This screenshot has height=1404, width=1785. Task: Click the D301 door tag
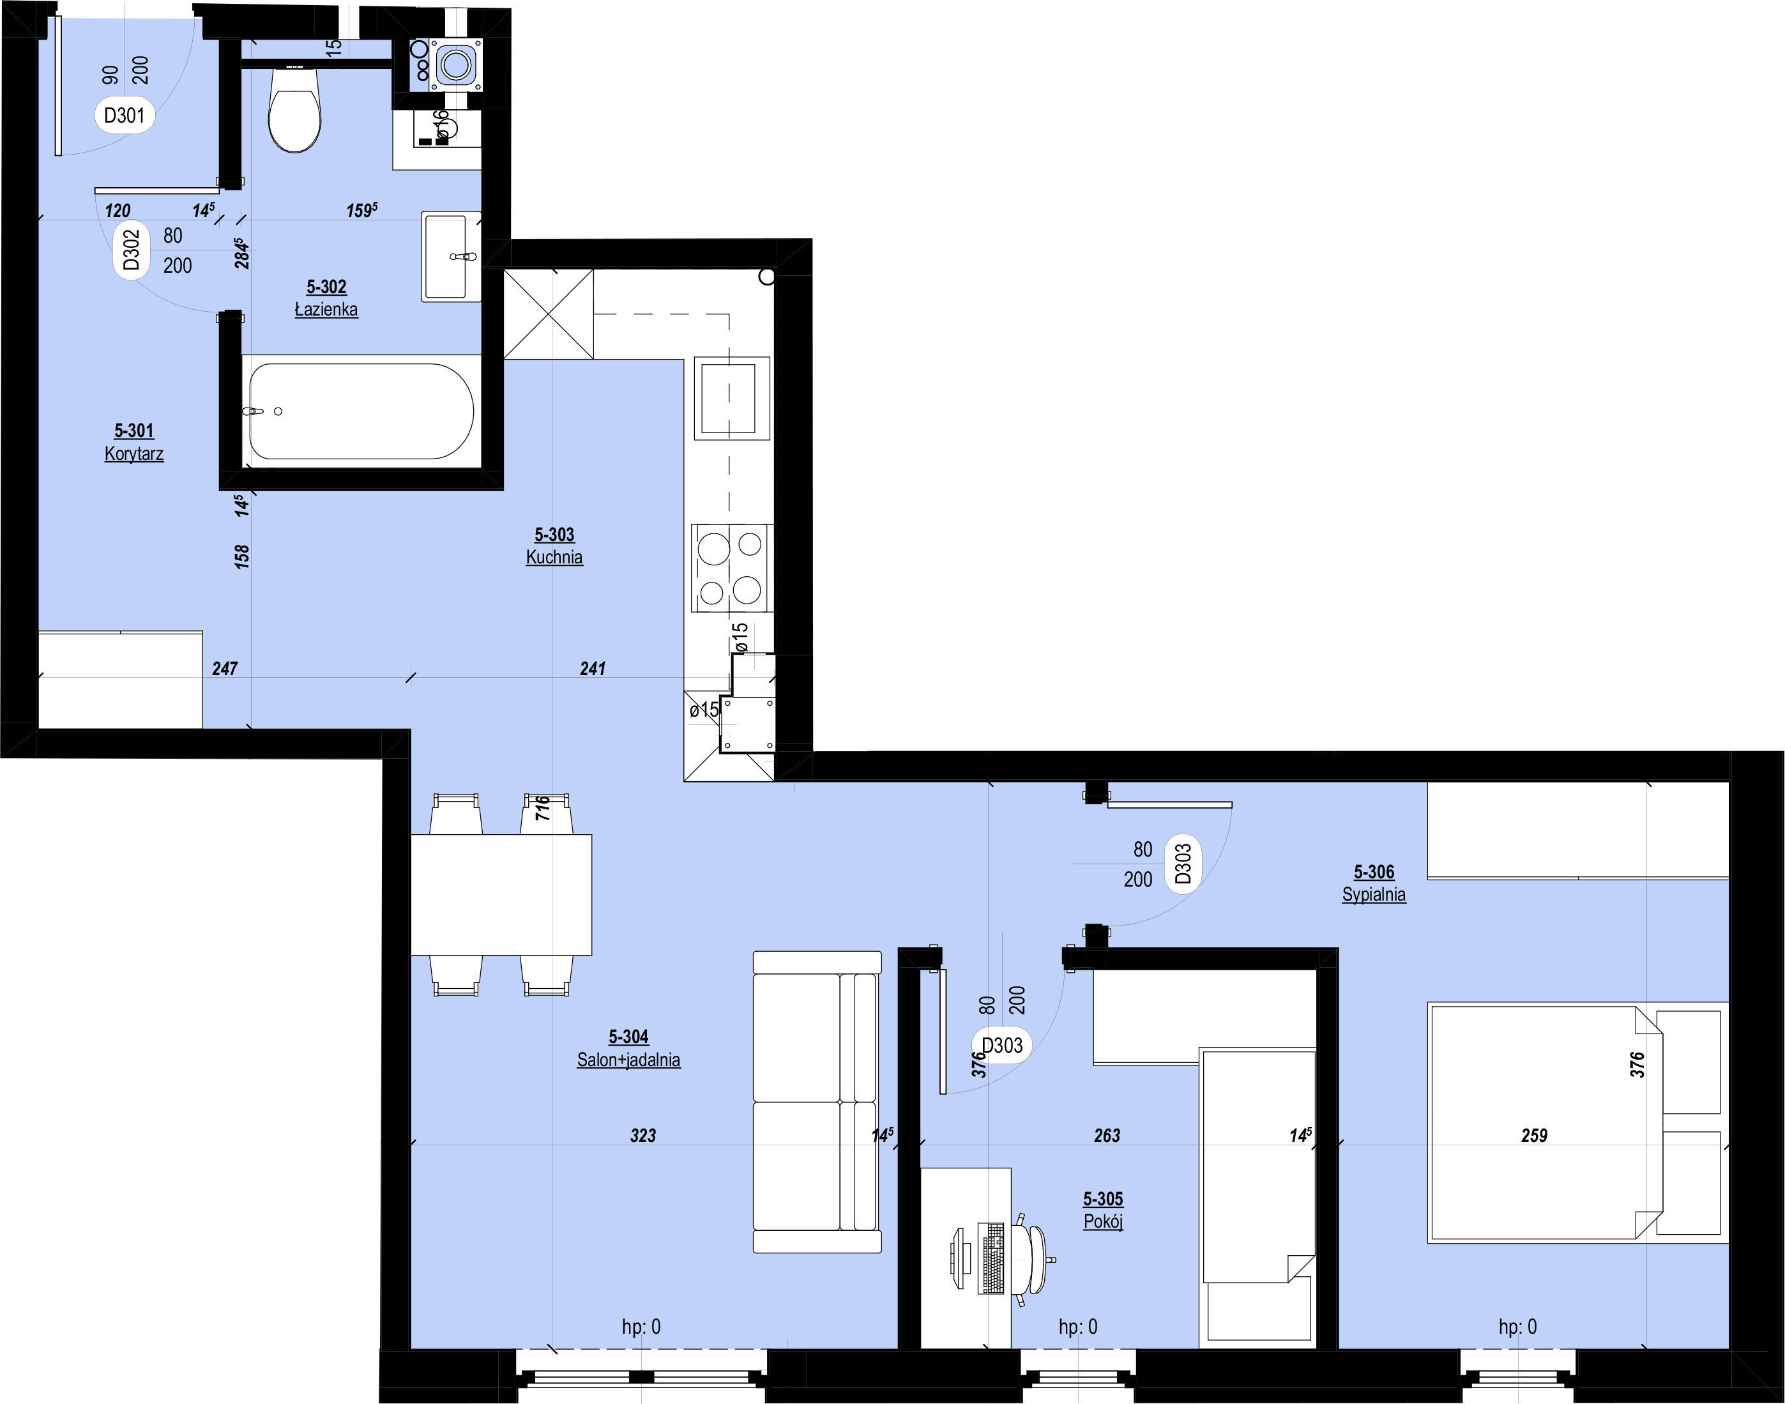[124, 115]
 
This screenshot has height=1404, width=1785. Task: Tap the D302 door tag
[132, 250]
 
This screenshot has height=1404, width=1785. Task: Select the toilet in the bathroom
[295, 109]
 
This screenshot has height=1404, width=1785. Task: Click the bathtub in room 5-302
[361, 411]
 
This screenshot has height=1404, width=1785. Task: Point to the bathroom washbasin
[450, 257]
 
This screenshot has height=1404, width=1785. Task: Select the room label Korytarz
[134, 454]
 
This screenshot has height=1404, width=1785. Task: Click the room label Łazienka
[326, 310]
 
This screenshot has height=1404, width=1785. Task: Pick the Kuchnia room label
[555, 558]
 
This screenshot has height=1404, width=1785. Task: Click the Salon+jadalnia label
[628, 1060]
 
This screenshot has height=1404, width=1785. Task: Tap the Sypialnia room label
[1374, 894]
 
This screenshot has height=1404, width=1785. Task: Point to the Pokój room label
[1103, 1221]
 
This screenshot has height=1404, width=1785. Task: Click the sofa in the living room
[817, 1101]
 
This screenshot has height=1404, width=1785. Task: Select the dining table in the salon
[501, 895]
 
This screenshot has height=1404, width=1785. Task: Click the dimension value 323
[644, 1135]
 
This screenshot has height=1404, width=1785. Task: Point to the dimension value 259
[1535, 1135]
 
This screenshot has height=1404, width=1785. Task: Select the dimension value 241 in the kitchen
[593, 668]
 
